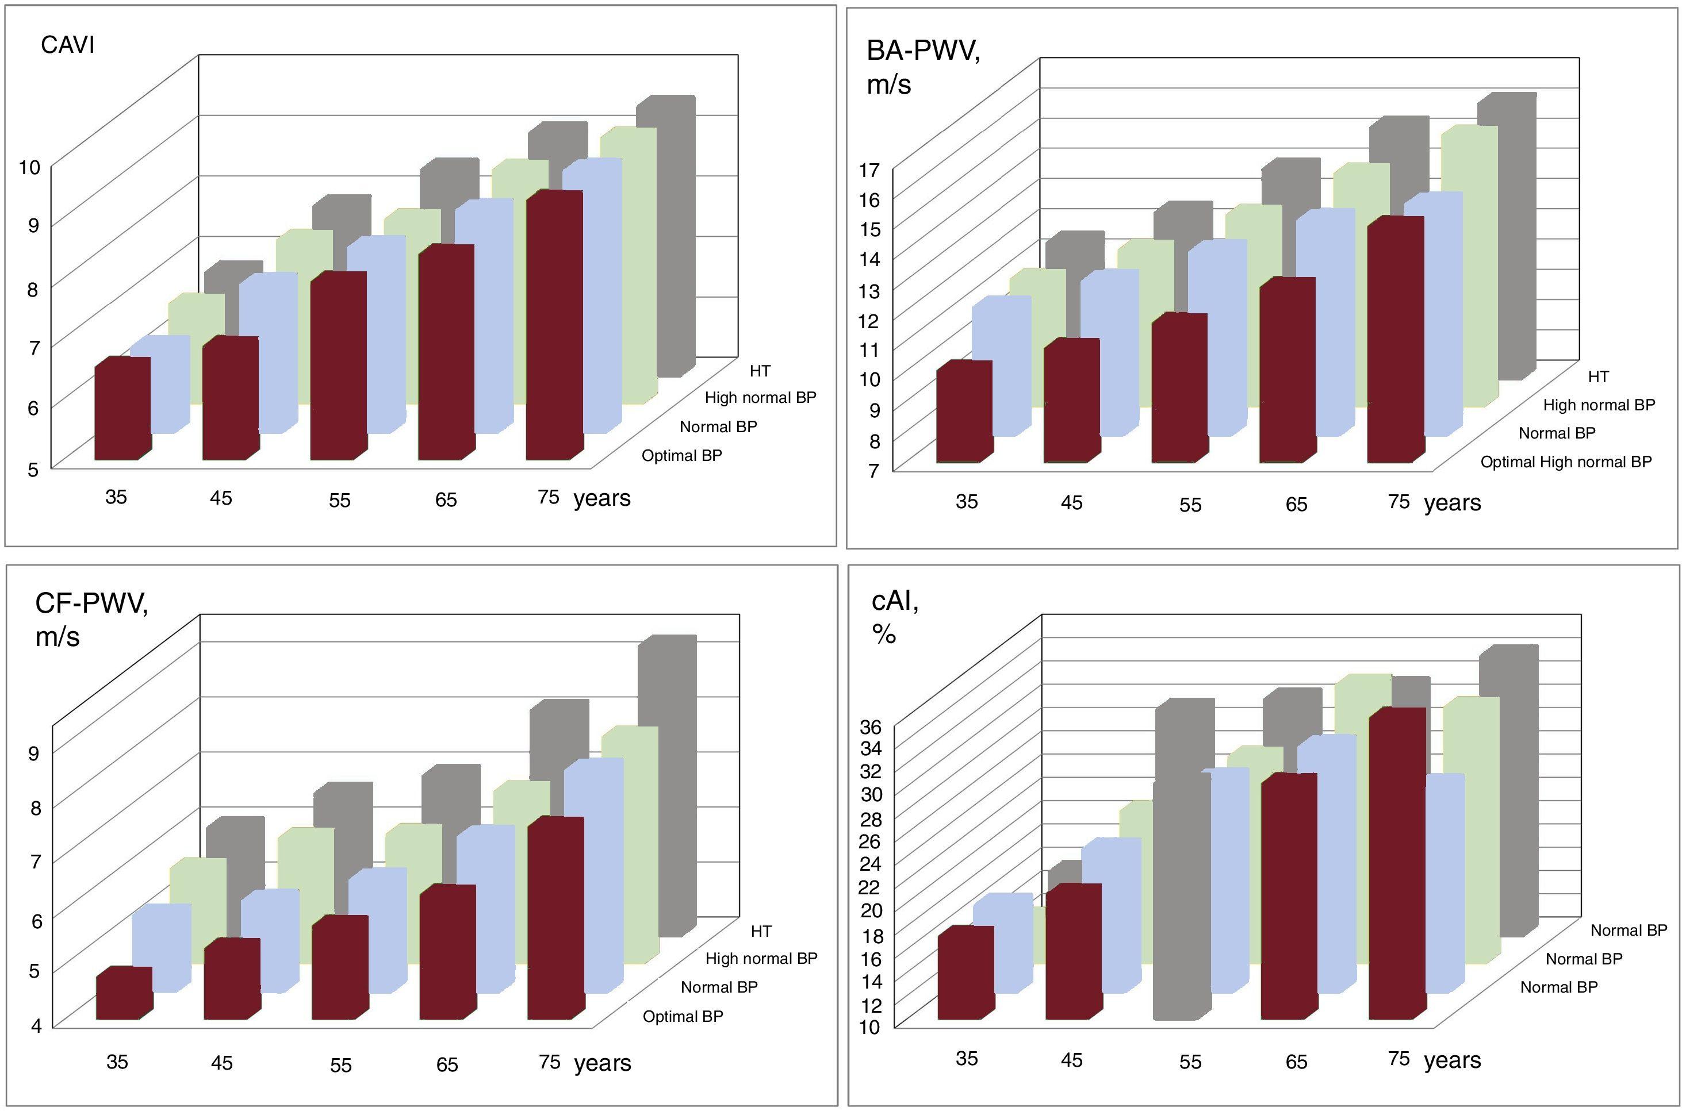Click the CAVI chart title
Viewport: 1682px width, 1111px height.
(x=67, y=45)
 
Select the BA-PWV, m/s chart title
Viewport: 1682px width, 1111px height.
(x=923, y=67)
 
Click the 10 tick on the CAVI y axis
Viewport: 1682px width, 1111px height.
(x=30, y=167)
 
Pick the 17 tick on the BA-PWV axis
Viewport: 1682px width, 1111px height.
(x=869, y=170)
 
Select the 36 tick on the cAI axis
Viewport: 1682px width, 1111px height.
(x=871, y=727)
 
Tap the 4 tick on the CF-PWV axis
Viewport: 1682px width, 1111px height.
(x=34, y=1025)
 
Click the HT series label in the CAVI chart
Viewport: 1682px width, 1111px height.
(x=760, y=371)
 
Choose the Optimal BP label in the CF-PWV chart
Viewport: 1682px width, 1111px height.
(x=683, y=1016)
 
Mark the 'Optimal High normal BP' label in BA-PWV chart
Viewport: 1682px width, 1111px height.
(x=1566, y=462)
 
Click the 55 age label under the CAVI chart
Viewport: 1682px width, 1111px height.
(x=339, y=500)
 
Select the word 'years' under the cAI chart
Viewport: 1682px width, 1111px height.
(x=1453, y=1060)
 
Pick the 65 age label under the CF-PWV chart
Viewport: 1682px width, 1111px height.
(x=447, y=1064)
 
